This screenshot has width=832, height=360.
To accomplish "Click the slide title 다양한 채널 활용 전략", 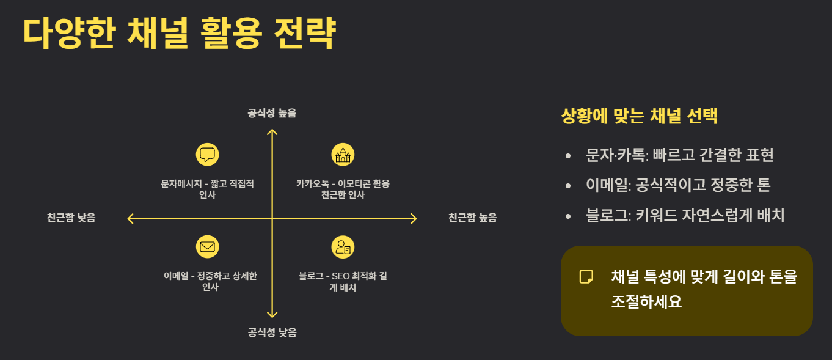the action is point(179,34).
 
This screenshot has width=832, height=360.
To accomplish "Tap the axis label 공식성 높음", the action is point(272,113).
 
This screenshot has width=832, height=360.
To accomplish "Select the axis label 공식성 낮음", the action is point(272,332).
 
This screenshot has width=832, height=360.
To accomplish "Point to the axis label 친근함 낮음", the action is point(71,218).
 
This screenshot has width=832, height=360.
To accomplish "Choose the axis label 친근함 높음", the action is point(472,218).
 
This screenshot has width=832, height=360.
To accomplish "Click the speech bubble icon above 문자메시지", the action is point(207,154).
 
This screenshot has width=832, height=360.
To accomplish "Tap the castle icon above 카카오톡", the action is point(343,154).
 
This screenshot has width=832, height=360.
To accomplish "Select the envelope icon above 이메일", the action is point(207,246).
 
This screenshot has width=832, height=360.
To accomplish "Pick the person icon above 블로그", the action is point(343,246).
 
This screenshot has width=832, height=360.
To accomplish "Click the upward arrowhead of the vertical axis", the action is point(272,131).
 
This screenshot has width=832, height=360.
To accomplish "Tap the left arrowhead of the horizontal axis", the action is point(130,218).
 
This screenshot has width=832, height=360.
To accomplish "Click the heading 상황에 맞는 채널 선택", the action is point(639,116).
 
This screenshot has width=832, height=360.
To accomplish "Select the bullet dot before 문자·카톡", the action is point(569,155).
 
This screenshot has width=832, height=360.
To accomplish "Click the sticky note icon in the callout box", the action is point(586,276).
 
